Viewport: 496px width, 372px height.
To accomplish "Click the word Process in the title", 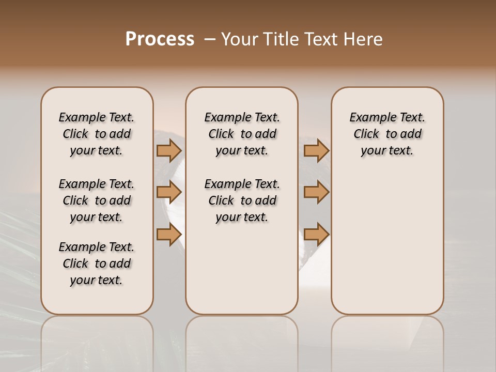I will coord(160,39).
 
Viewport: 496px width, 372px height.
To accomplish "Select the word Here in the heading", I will coord(364,39).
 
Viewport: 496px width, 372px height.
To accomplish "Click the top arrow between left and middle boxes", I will coord(169,150).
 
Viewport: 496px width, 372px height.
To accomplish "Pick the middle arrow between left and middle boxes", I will coord(169,192).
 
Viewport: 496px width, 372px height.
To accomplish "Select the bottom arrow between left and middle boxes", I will coord(169,235).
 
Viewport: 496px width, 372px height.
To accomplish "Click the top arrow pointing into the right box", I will coord(316,150).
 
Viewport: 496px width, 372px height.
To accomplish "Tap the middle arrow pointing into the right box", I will coord(316,192).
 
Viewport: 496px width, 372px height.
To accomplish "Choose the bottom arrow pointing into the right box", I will coord(316,235).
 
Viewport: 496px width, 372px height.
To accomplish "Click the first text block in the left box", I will coord(97,134).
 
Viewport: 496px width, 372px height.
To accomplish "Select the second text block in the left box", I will coord(97,200).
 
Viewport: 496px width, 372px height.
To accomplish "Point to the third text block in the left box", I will coord(97,263).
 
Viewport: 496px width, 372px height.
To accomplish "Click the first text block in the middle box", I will coord(242,134).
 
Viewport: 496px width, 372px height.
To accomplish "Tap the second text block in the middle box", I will coord(242,200).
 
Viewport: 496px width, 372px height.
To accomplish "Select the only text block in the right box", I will coord(387,134).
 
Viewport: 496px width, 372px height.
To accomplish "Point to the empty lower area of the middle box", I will coord(242,269).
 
